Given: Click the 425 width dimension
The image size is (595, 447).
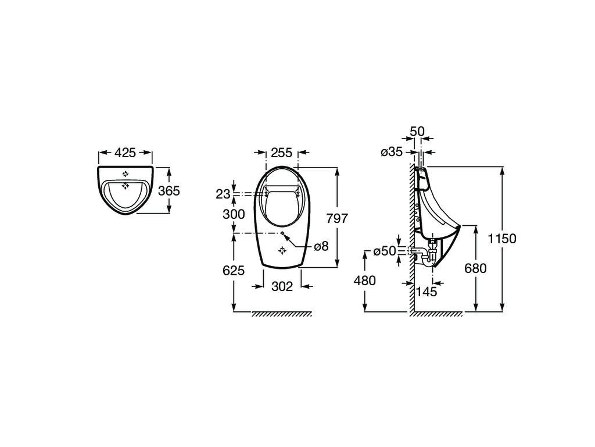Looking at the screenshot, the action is pyautogui.click(x=126, y=153).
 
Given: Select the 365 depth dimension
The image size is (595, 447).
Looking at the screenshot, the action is pyautogui.click(x=169, y=190).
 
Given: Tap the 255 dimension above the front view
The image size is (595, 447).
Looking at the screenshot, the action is pyautogui.click(x=282, y=153).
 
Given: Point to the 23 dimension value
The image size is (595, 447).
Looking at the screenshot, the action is pyautogui.click(x=223, y=194).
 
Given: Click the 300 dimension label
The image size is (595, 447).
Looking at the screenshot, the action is pyautogui.click(x=234, y=214).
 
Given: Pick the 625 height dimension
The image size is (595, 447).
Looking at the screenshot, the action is pyautogui.click(x=234, y=271).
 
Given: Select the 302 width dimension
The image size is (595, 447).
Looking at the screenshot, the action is pyautogui.click(x=282, y=286).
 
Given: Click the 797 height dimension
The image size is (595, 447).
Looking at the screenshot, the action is pyautogui.click(x=337, y=219).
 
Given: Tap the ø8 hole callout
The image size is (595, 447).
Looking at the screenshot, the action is pyautogui.click(x=321, y=247).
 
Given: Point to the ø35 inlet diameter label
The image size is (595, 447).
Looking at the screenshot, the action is pyautogui.click(x=391, y=152).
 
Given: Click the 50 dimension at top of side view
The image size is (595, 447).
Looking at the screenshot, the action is pyautogui.click(x=417, y=132).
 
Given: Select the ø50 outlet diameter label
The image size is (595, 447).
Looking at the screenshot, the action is pyautogui.click(x=385, y=251).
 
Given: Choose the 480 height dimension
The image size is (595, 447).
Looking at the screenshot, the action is pyautogui.click(x=365, y=281).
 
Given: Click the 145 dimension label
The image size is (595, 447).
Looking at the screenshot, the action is pyautogui.click(x=426, y=292).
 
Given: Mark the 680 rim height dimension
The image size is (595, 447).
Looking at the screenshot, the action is pyautogui.click(x=475, y=268).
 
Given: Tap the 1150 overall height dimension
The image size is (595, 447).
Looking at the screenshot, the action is pyautogui.click(x=502, y=239).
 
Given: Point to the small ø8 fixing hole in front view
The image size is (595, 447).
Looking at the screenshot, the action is pyautogui.click(x=282, y=233).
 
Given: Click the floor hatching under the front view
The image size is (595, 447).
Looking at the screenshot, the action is pyautogui.click(x=282, y=314).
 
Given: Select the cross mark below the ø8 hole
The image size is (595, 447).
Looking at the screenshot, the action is pyautogui.click(x=282, y=250).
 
